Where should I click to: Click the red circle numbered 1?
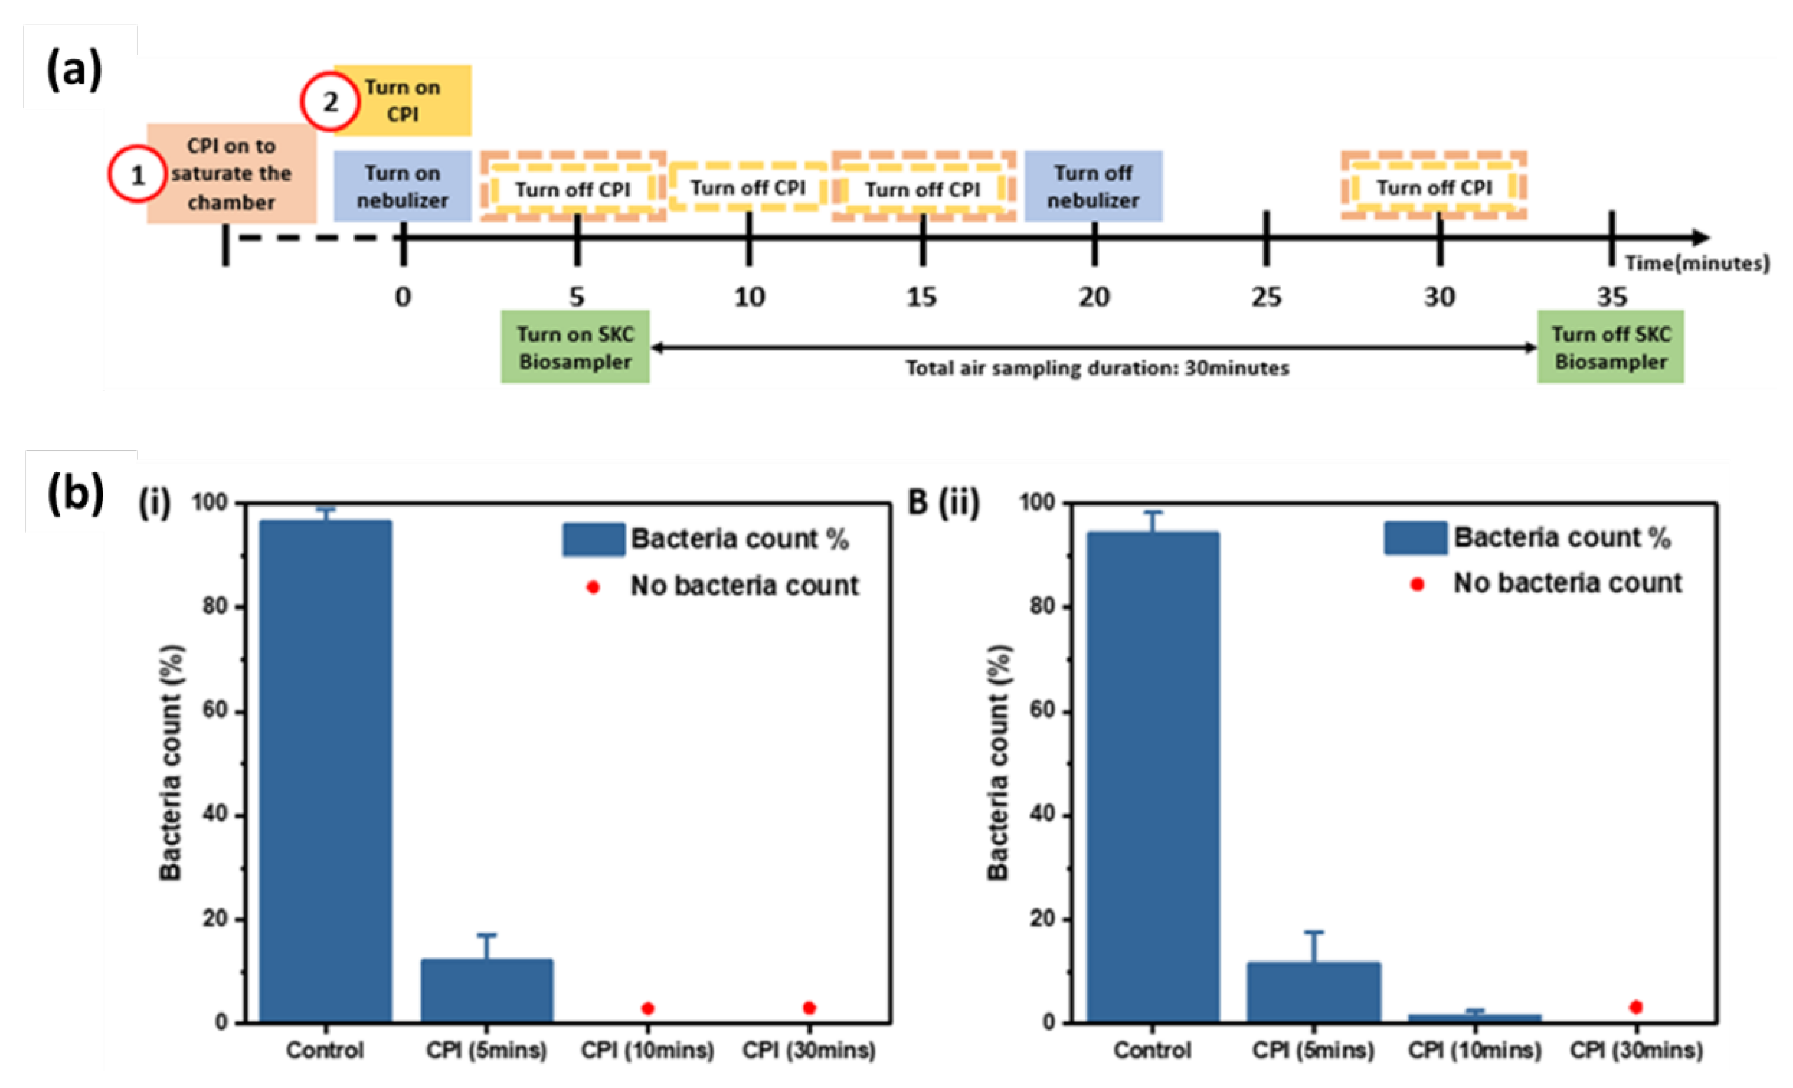(x=137, y=174)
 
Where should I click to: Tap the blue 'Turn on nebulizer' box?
(x=402, y=186)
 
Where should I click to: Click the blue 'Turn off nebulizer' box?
(x=1093, y=186)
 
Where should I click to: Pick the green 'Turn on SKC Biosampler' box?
(x=575, y=347)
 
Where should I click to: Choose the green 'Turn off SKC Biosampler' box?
(x=1610, y=347)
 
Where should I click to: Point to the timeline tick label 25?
(x=1266, y=297)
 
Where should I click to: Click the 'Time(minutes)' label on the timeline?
(x=1697, y=263)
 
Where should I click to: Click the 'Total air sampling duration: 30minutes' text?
(x=1097, y=368)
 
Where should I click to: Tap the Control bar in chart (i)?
(x=325, y=771)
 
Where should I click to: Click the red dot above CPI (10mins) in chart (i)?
(x=648, y=1008)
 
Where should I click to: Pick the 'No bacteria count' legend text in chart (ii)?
(x=1568, y=583)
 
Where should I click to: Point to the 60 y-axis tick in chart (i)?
(x=215, y=711)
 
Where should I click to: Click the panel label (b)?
(x=75, y=493)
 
